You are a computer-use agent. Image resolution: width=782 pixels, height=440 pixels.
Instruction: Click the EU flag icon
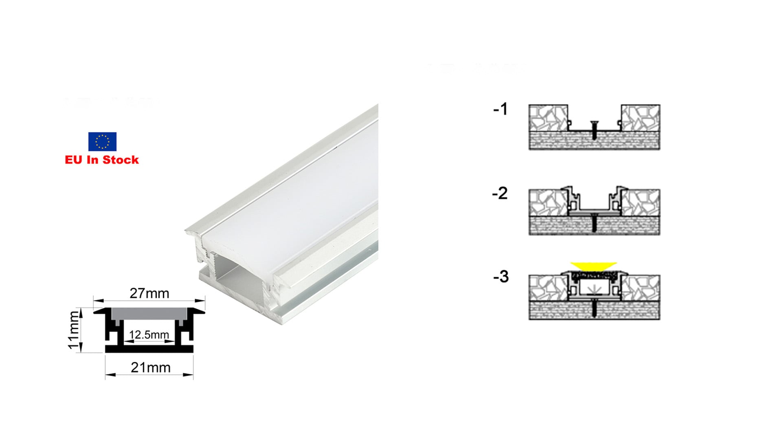(102, 141)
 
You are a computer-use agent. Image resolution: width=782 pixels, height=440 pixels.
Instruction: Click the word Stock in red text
(121, 160)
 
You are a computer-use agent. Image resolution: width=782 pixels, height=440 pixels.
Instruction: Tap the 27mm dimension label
(149, 293)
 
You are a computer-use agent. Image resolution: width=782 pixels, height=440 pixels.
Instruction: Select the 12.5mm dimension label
(149, 334)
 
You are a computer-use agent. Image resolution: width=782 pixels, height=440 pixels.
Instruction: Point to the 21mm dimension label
(150, 367)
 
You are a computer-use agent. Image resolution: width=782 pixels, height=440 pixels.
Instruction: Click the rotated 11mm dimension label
(73, 330)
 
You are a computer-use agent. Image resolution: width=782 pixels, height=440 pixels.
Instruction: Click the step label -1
(501, 109)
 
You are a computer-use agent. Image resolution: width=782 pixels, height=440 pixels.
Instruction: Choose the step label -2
(500, 193)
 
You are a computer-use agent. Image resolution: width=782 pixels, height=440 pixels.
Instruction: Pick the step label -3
(501, 277)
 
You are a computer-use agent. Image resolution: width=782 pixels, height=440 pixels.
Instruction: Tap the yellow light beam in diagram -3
(593, 266)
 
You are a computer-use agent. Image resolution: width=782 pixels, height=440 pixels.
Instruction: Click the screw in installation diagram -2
(594, 222)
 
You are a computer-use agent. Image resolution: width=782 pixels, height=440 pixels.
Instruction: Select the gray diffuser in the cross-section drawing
(149, 313)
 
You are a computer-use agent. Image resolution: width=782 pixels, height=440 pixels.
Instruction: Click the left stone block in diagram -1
(548, 118)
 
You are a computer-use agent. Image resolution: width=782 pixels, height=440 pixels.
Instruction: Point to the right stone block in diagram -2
(641, 202)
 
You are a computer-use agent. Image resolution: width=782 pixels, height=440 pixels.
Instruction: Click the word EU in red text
(73, 160)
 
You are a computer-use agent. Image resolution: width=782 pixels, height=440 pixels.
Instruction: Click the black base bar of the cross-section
(149, 349)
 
